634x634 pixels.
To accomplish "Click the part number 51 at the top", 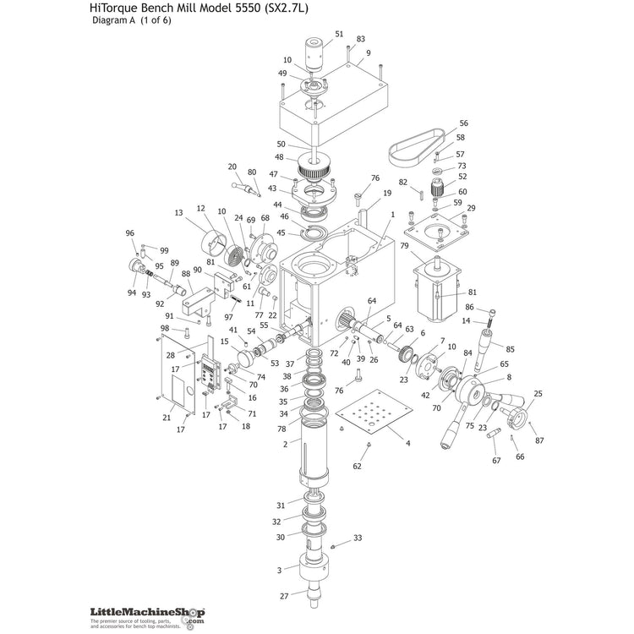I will pos(339,34).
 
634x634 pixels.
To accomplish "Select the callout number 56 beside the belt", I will pos(463,123).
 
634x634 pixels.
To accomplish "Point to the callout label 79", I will pos(405,246).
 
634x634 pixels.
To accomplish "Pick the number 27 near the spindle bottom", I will pos(284,597).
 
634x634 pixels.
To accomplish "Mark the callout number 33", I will pos(358,538).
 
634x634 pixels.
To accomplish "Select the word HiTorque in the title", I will pos(115,9).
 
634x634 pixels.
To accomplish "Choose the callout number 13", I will pos(178,213).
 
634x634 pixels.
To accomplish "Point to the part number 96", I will pos(130,233).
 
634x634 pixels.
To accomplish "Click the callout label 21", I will pos(167,417).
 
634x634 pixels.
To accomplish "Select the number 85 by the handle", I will pos(509,348).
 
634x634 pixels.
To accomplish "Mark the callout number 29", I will pos(471,208).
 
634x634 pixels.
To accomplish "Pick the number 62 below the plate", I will pos(357,466).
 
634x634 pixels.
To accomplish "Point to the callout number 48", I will pos(280,157).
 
